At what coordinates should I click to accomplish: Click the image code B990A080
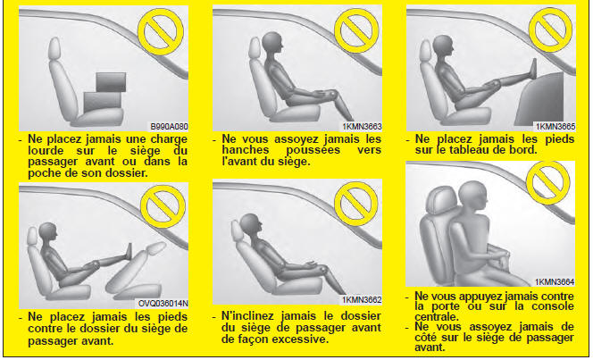169,126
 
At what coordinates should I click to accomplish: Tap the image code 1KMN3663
363,126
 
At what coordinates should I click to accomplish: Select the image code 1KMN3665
555,126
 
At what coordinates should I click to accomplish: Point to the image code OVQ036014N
163,304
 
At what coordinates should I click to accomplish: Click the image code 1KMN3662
362,300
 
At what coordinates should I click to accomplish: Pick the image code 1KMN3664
555,281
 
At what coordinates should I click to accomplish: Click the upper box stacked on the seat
111,82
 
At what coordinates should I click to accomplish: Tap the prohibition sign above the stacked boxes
161,32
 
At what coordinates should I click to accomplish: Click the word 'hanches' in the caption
246,150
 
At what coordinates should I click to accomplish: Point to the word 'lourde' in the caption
46,150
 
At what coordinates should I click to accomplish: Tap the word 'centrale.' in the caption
437,316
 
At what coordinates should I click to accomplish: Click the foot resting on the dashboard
534,69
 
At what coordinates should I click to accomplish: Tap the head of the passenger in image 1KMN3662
250,224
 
